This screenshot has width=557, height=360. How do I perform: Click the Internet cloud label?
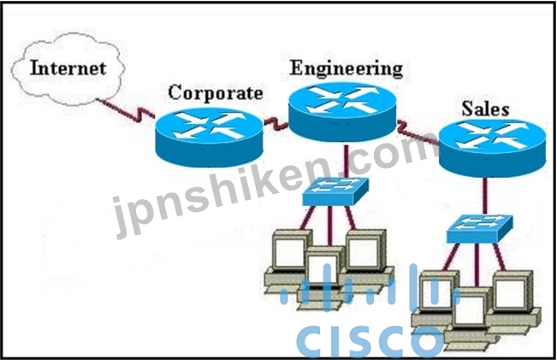[68, 68]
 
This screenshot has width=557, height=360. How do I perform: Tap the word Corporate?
[216, 93]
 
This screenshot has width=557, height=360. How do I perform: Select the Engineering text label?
[347, 68]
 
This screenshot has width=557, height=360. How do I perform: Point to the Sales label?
[485, 109]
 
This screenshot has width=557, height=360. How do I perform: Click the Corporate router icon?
[210, 137]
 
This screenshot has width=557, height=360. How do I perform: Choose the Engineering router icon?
[342, 111]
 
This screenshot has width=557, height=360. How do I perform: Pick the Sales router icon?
[492, 147]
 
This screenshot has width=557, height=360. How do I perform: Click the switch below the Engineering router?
[335, 191]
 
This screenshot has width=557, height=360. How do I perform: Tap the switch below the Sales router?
[479, 228]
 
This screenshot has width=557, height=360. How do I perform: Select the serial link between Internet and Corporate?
[126, 109]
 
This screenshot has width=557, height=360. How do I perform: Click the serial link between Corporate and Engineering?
[276, 122]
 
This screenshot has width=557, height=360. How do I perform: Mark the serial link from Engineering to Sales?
[418, 133]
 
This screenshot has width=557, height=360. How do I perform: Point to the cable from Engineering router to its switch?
[346, 159]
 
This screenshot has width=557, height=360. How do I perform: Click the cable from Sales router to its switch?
[483, 195]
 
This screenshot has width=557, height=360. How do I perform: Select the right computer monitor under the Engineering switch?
[365, 250]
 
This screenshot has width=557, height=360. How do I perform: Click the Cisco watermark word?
[370, 339]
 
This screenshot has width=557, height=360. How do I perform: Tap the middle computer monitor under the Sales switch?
[470, 308]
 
